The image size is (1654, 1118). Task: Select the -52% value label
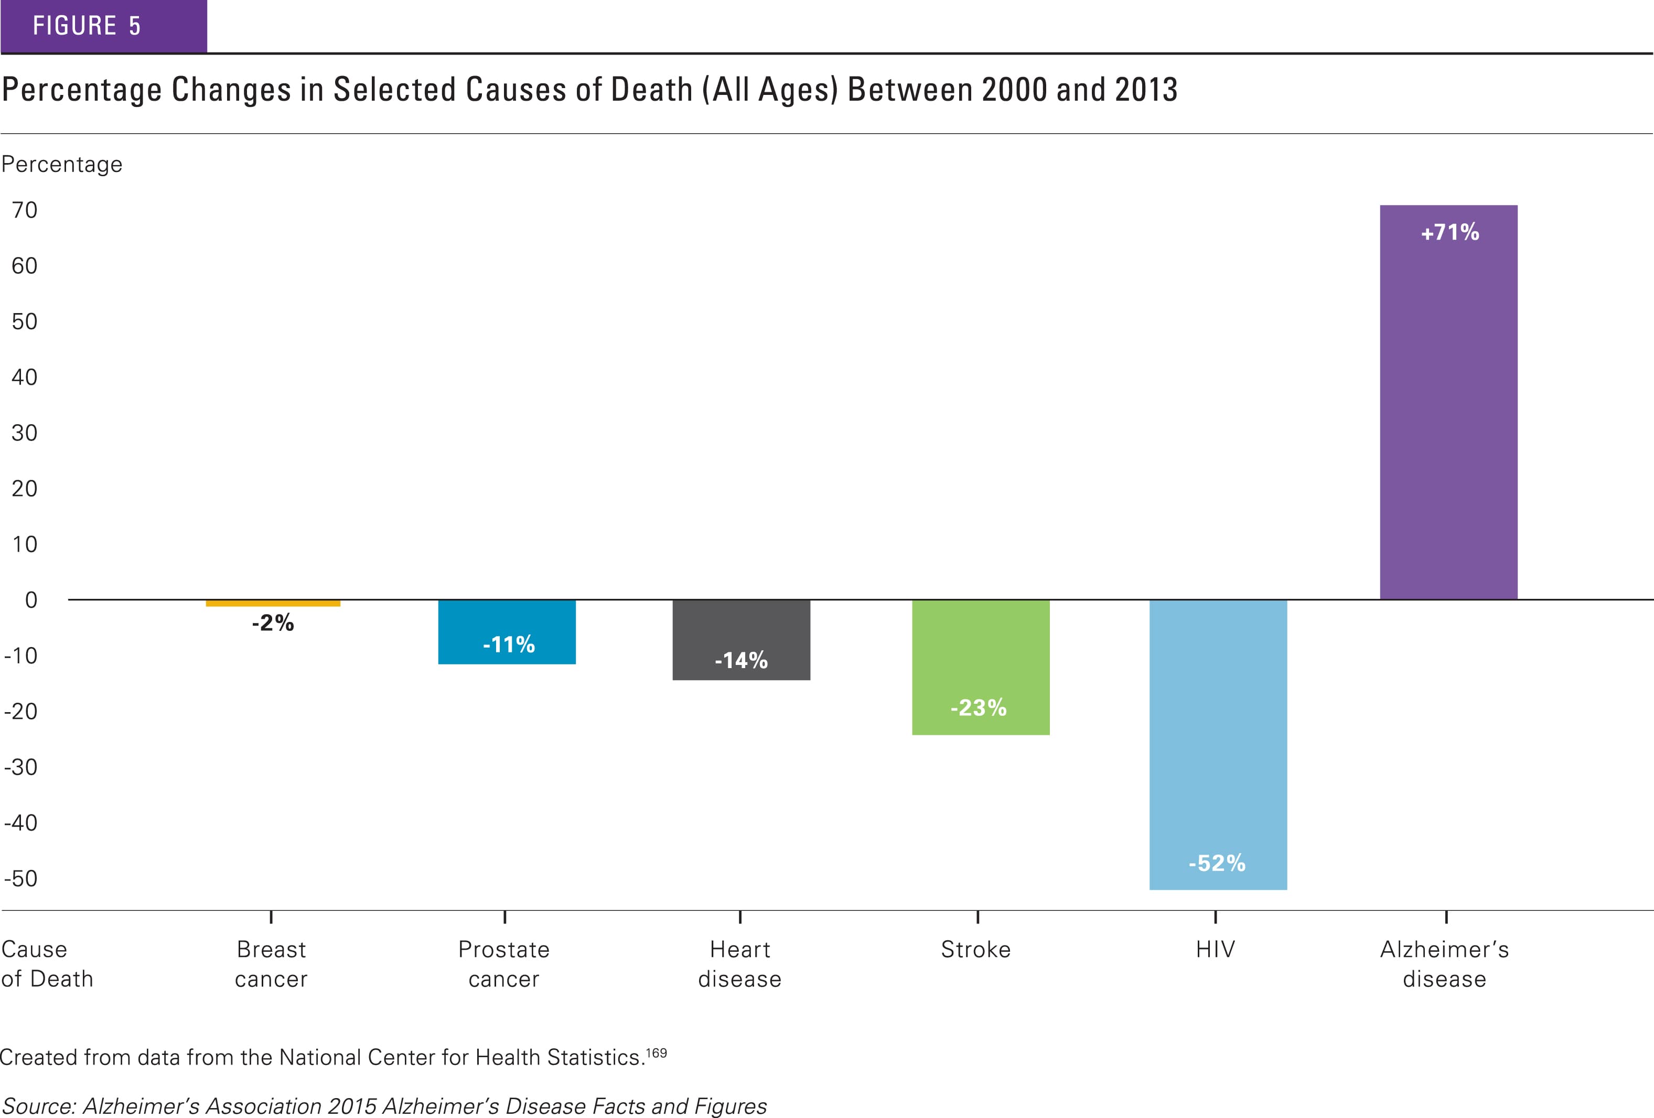[x=1217, y=863]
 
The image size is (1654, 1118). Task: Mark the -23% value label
[x=979, y=707]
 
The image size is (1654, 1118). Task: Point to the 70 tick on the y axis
[x=24, y=210]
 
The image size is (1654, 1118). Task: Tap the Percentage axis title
[x=62, y=164]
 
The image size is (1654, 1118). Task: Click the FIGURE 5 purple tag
[x=103, y=26]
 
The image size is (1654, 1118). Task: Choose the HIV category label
[x=1215, y=949]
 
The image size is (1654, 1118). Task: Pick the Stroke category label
[x=976, y=949]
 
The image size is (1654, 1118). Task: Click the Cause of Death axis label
[x=47, y=964]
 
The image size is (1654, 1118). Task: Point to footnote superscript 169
[x=656, y=1052]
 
